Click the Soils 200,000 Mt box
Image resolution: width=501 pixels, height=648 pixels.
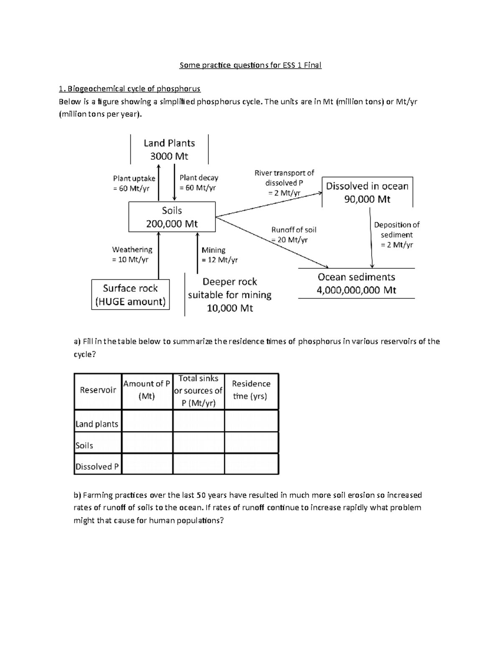(172, 217)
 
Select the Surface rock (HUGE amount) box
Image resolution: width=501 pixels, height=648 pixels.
(130, 295)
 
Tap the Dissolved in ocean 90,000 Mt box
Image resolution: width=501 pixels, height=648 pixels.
(367, 192)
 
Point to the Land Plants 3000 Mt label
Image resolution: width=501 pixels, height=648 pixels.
(169, 149)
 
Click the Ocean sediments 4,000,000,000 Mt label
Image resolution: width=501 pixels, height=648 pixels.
(356, 283)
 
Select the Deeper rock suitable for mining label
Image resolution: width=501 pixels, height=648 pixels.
(230, 295)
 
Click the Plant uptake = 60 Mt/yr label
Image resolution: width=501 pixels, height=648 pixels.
(134, 183)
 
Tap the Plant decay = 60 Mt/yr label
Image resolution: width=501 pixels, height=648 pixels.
(199, 183)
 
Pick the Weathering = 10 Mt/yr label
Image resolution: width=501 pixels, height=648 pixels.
(132, 255)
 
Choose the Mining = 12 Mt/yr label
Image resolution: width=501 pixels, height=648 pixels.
(220, 255)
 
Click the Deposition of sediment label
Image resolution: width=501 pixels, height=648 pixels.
(397, 234)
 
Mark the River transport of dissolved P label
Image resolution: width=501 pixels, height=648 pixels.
(284, 183)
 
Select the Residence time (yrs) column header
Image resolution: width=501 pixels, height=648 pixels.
(251, 390)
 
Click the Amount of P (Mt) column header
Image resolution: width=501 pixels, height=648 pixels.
(147, 390)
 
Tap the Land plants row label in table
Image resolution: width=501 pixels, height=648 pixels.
(97, 424)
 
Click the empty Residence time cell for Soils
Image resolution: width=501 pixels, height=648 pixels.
(251, 443)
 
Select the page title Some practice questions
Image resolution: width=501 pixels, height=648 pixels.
(250, 65)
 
